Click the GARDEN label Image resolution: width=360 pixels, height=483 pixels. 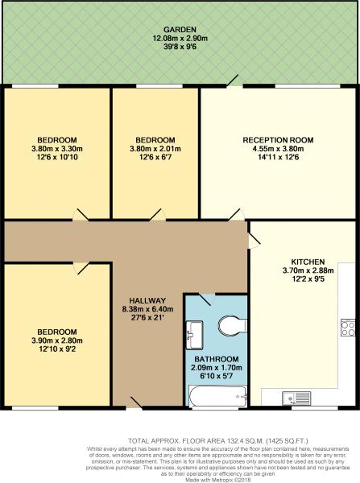(x=180, y=30)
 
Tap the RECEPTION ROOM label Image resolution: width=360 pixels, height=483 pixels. (x=278, y=140)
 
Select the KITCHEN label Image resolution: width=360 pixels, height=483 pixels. (x=308, y=262)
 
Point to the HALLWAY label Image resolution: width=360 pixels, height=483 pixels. (x=147, y=300)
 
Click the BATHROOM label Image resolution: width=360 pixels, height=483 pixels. (x=217, y=359)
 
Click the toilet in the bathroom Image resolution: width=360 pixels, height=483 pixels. (x=233, y=325)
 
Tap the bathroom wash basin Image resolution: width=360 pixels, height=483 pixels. (x=194, y=335)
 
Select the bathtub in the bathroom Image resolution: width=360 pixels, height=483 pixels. (x=217, y=396)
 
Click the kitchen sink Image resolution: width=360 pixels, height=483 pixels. (x=296, y=398)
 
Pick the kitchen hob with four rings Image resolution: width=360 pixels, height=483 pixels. (x=348, y=328)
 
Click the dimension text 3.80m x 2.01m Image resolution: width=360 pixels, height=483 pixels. (x=155, y=149)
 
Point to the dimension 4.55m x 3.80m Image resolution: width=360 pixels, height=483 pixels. (x=278, y=149)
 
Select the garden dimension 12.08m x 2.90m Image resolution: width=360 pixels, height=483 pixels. (x=180, y=39)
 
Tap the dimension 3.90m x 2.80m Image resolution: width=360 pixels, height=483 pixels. (x=57, y=341)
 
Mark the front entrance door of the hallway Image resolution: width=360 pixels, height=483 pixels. (x=134, y=403)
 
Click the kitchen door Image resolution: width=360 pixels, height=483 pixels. (x=254, y=240)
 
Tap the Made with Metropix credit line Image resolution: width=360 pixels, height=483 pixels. (x=218, y=480)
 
